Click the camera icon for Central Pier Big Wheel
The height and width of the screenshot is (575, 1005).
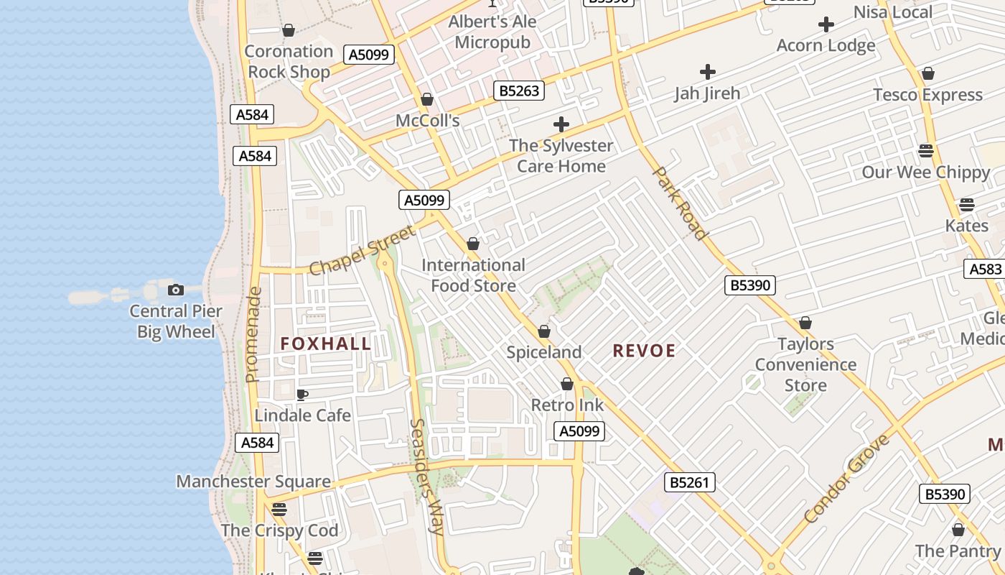(175, 290)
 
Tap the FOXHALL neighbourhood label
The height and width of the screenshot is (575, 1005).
(326, 344)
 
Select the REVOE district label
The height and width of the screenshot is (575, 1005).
(644, 351)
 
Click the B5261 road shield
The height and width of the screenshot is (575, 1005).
(690, 482)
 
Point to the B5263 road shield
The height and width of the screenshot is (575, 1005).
(519, 91)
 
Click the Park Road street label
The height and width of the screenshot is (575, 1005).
(680, 203)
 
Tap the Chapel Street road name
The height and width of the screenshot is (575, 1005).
(362, 250)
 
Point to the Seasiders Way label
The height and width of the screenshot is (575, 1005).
(426, 476)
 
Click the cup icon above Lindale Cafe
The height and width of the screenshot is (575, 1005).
(302, 395)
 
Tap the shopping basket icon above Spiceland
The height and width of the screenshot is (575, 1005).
(544, 331)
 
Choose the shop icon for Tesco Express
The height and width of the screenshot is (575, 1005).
(928, 73)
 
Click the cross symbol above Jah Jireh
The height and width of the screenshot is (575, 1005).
(708, 71)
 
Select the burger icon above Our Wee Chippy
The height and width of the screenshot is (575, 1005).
(926, 151)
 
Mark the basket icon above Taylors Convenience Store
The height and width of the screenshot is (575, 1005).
(805, 323)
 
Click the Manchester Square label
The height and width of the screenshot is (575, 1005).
(253, 482)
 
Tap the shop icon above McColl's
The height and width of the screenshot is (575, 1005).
(427, 99)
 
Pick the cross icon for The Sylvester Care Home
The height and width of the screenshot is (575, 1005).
(561, 124)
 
